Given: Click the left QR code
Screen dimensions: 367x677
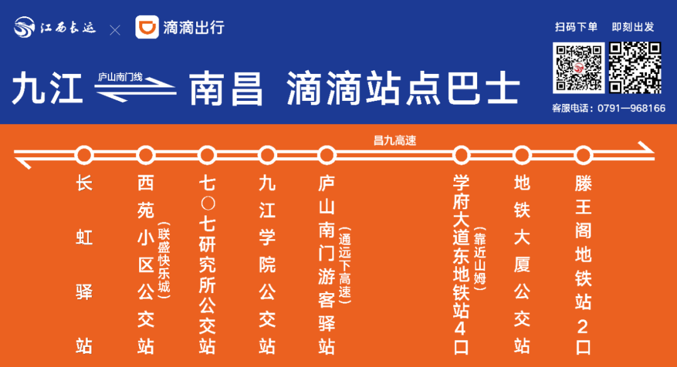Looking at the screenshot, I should click(x=579, y=68).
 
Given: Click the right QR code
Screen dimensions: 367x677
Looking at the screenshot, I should click(x=636, y=68).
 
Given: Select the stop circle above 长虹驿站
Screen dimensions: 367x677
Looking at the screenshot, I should click(x=84, y=154).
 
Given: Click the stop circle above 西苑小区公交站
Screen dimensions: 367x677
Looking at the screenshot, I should click(x=145, y=154).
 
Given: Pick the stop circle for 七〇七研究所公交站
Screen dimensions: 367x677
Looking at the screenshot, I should click(x=207, y=154).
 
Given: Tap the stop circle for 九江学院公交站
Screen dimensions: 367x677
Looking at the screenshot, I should click(x=268, y=154).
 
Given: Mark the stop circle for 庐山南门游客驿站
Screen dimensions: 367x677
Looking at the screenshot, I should click(x=327, y=154).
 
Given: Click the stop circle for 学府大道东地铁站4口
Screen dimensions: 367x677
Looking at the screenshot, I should click(x=461, y=154).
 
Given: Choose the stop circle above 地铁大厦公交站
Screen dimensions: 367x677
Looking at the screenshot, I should click(x=522, y=154).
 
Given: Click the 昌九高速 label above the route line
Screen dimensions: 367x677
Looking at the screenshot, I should click(x=395, y=141).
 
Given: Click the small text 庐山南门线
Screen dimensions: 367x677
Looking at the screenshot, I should click(x=120, y=77).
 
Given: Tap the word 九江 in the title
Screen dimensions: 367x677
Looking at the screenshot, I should click(x=48, y=90).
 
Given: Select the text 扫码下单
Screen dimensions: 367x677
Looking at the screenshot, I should click(x=576, y=27).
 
